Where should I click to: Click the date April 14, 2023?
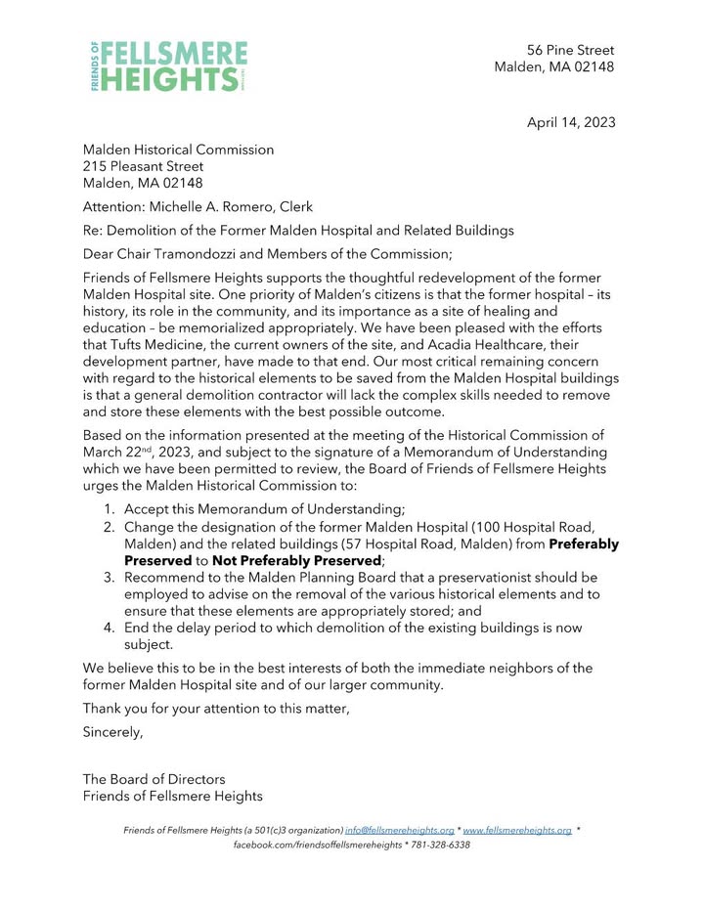[x=571, y=122]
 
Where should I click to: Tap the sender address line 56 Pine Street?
[x=570, y=50]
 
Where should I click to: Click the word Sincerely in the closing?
[x=112, y=731]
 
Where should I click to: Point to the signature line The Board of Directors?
[x=154, y=779]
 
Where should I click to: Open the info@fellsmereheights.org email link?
[x=399, y=830]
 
